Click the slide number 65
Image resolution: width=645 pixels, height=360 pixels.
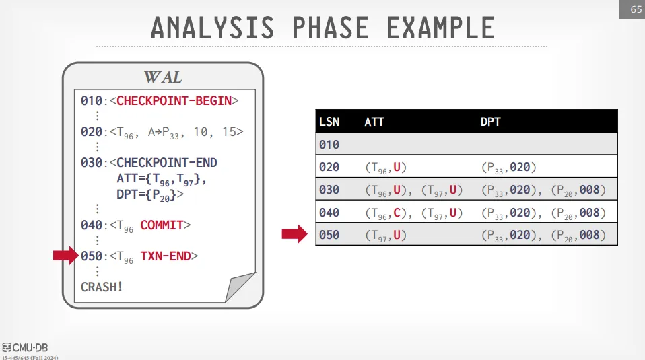(636, 9)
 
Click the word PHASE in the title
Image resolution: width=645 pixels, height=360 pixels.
(330, 28)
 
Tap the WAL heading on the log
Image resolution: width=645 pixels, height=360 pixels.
(163, 77)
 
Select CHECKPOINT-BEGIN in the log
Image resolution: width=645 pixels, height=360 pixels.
(174, 101)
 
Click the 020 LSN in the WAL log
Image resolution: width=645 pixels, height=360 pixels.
(92, 132)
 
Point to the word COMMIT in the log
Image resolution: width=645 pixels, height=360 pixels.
(162, 225)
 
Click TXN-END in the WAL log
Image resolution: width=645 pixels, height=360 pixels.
(166, 256)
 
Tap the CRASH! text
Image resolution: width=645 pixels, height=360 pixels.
(102, 287)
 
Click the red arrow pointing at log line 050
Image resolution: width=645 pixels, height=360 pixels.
(66, 256)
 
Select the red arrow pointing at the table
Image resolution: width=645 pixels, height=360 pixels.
(294, 234)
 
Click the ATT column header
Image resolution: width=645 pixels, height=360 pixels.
(374, 122)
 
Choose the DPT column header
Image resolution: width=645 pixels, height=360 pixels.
(490, 122)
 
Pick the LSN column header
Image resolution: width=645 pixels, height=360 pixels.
(329, 122)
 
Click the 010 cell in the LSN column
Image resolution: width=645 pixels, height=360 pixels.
(329, 145)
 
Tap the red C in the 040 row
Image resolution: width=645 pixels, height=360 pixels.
(397, 213)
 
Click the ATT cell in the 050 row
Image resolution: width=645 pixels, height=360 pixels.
(386, 235)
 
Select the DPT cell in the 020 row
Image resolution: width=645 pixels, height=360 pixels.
(509, 168)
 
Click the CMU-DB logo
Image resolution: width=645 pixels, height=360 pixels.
(25, 348)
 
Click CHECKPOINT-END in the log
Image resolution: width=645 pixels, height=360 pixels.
(166, 163)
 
